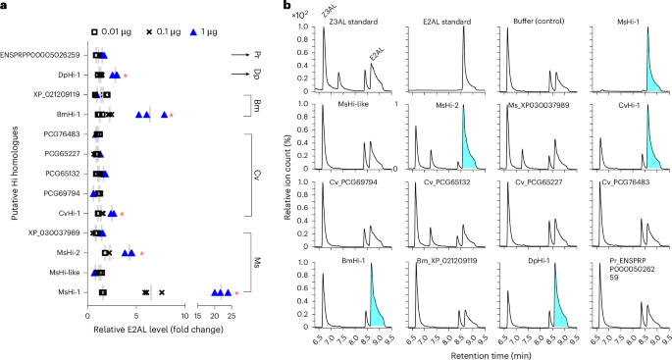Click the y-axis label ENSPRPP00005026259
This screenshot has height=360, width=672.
tap(42, 56)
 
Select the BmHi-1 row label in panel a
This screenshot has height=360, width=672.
tap(67, 115)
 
